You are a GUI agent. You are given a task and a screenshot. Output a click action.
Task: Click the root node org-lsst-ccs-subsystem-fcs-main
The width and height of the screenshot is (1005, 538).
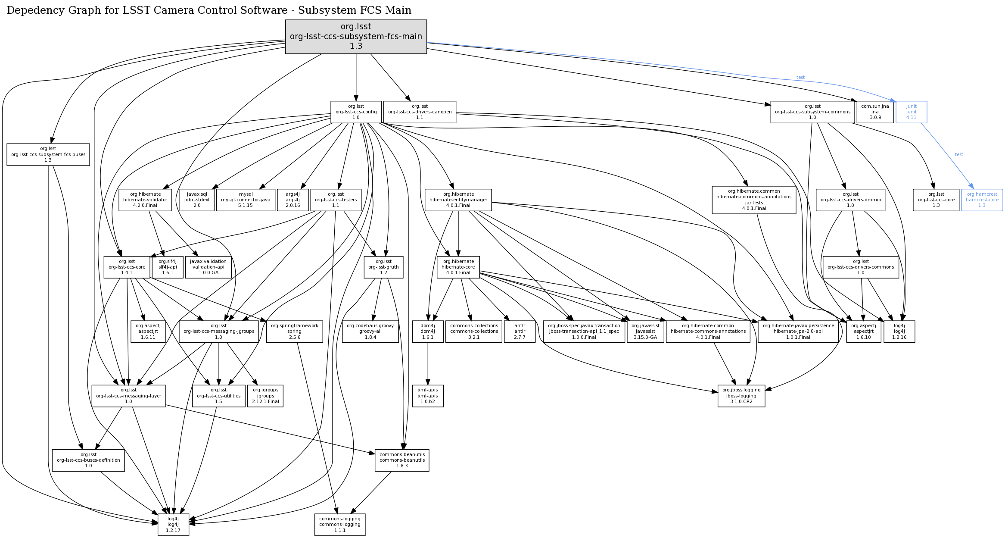point(356,37)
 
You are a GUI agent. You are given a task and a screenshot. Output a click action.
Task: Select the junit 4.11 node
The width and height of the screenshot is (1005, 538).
point(911,112)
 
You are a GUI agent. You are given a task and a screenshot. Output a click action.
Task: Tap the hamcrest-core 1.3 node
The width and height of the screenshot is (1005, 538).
point(982,200)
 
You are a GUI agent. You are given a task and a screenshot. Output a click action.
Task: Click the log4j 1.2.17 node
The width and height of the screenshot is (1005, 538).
point(173,525)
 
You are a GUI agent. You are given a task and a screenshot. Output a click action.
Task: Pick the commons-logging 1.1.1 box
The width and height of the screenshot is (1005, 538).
point(340,525)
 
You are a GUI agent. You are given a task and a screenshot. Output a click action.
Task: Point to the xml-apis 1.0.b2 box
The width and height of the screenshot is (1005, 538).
point(428,396)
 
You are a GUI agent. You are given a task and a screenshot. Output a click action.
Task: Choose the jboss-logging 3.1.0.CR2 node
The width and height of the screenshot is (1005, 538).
point(741,396)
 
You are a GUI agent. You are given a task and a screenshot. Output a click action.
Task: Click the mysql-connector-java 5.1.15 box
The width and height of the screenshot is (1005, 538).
point(246,200)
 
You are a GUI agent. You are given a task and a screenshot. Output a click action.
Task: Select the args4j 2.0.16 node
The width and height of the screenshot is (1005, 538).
point(293,200)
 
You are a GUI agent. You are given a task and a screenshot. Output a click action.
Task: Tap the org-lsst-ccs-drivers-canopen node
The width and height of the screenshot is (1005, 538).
point(420,112)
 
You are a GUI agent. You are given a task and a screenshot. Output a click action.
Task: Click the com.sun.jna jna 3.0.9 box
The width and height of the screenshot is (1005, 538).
point(875,112)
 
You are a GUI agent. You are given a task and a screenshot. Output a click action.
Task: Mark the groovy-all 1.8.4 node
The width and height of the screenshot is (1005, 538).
point(370,332)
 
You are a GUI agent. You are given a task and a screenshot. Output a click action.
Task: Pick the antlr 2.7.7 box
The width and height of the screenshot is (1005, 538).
point(520,332)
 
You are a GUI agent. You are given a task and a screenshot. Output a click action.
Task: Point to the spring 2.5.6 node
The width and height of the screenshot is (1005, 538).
point(295,332)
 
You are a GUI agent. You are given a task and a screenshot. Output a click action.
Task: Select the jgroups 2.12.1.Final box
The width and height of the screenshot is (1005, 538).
point(265,396)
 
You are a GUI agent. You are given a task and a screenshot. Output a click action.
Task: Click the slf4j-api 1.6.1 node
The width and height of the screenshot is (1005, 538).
point(168,267)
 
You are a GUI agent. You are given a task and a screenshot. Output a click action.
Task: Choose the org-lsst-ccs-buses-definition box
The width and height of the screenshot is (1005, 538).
point(88,460)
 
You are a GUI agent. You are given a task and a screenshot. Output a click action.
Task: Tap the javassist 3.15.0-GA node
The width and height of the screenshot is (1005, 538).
point(645,332)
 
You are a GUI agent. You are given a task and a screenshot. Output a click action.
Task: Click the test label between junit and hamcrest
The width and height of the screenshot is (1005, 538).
point(959,154)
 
